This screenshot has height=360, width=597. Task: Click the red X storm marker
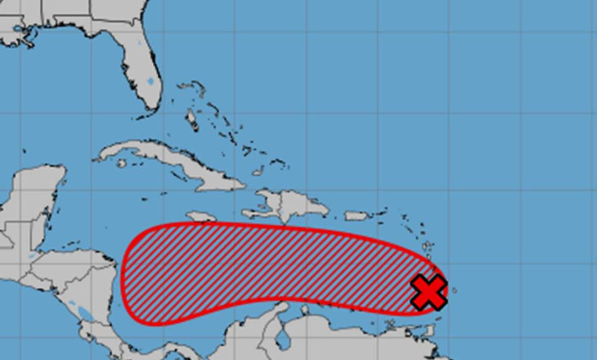[428, 292]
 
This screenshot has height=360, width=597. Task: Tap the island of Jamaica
[201, 216]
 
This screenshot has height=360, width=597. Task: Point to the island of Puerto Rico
[357, 216]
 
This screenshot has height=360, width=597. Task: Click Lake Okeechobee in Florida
[150, 81]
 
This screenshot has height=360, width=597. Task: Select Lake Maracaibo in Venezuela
[284, 339]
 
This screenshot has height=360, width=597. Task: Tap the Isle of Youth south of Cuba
[122, 164]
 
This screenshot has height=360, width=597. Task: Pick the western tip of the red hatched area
[123, 274]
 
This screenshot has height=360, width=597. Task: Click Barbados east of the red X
[454, 290]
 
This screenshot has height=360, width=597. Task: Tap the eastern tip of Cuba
[246, 185]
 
